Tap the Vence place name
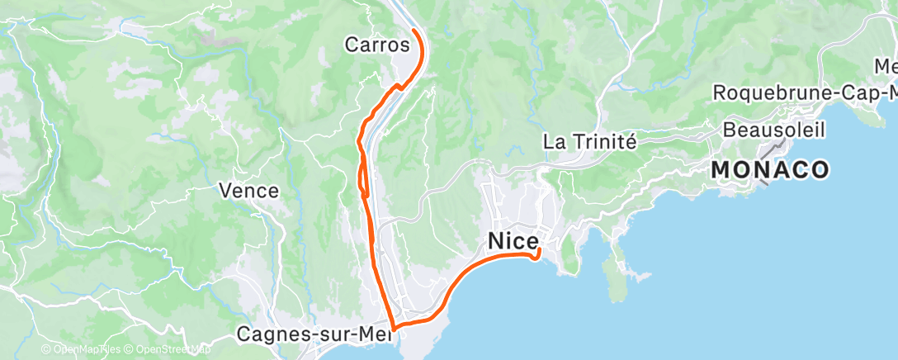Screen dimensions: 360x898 [x=248, y=191]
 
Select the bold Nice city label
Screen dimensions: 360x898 [x=513, y=240]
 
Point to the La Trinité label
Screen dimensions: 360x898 [x=589, y=141]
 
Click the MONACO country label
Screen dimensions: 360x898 [x=769, y=170]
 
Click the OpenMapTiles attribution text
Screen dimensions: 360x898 [x=83, y=350]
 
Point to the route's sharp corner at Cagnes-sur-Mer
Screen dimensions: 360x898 [x=393, y=328]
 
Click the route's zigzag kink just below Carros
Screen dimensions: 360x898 [x=399, y=85]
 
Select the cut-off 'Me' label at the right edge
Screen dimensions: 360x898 [x=885, y=65]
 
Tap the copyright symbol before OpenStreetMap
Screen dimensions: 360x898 [x=130, y=350]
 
